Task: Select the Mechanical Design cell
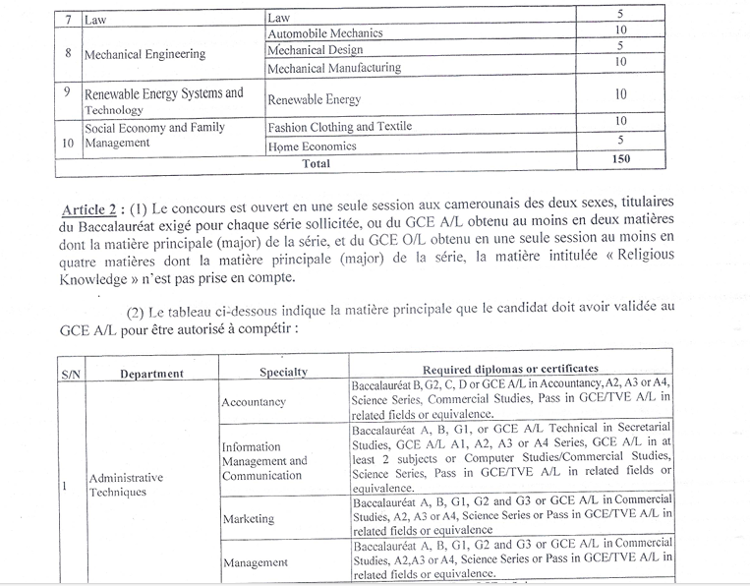tap(315, 49)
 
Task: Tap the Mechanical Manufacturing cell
tap(333, 67)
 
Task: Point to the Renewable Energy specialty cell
tap(314, 99)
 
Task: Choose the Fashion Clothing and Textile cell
tap(339, 127)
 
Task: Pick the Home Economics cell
tap(312, 146)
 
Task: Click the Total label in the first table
tap(316, 163)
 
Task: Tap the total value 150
tap(619, 159)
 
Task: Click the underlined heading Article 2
tap(92, 210)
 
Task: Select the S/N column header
tap(71, 374)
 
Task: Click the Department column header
tap(151, 374)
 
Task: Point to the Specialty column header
tap(283, 372)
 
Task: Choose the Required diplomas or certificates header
tap(510, 368)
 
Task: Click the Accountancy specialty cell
tap(254, 402)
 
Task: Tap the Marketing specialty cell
tap(248, 518)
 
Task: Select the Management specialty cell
tap(256, 562)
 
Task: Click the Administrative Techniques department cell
tap(126, 485)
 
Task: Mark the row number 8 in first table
tap(67, 52)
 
